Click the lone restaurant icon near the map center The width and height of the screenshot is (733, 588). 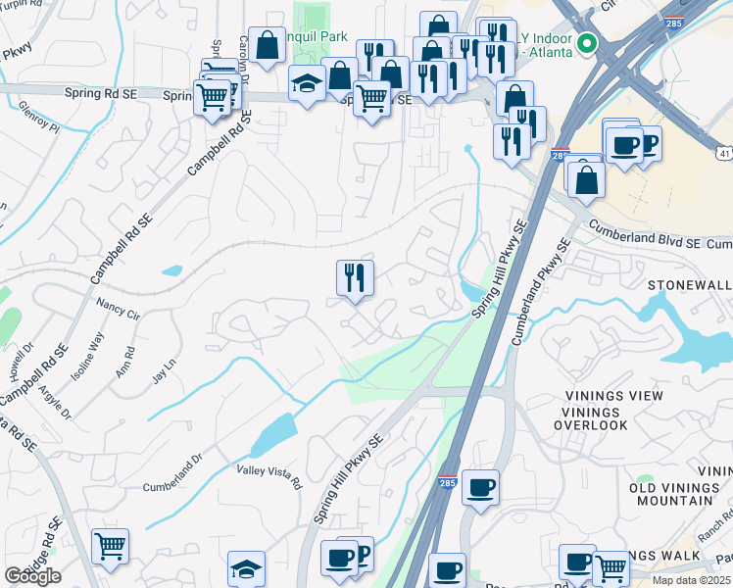tap(355, 277)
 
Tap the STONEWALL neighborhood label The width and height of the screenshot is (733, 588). tap(690, 284)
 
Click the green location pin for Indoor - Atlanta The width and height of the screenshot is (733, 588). tap(587, 43)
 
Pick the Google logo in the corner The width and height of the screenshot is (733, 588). tap(32, 576)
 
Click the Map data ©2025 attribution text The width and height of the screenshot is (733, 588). tap(692, 580)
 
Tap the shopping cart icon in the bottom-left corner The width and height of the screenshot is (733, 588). tap(110, 546)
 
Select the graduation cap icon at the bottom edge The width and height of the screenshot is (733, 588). tap(246, 567)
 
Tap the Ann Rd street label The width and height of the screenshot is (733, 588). tap(124, 362)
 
